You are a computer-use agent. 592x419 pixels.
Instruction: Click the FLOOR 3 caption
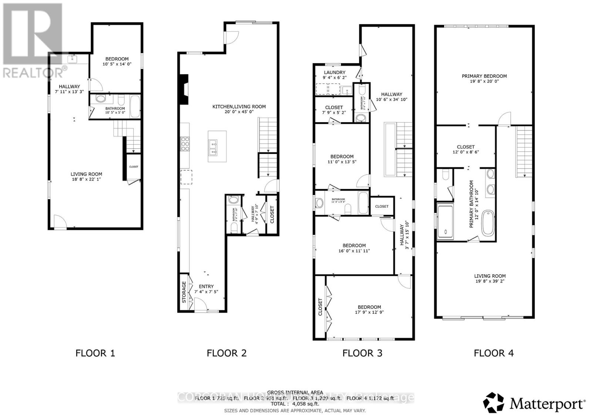(362, 353)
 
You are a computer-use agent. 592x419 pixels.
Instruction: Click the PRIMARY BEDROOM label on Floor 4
(484, 76)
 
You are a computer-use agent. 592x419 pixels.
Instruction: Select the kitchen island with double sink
(217, 146)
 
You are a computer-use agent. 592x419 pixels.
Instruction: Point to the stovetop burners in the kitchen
(185, 144)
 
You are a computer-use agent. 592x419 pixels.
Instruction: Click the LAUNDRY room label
(334, 73)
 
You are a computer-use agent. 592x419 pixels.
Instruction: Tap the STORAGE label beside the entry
(184, 292)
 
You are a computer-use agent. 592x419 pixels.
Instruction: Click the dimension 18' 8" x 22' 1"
(86, 179)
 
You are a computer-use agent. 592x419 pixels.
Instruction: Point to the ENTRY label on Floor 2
(206, 286)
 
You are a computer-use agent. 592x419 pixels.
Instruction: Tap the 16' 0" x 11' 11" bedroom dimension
(354, 251)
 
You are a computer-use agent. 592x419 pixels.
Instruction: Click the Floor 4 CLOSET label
(465, 147)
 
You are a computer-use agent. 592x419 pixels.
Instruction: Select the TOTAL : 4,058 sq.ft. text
(295, 404)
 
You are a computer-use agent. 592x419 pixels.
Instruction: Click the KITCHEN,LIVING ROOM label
(239, 107)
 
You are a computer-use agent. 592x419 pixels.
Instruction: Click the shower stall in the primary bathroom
(448, 221)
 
